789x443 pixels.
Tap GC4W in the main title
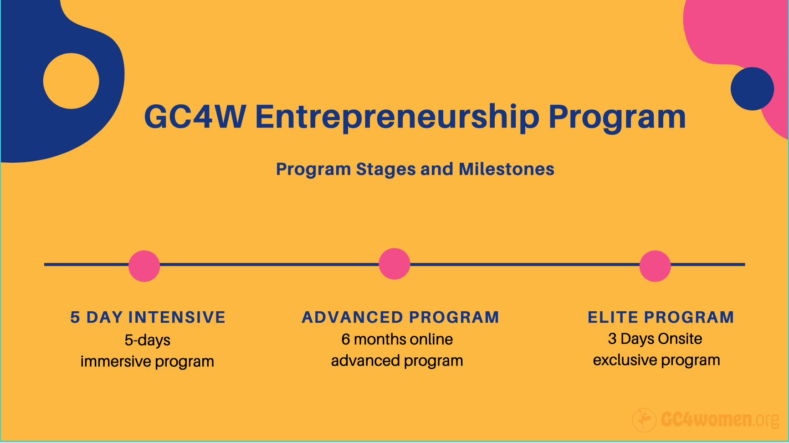click(x=195, y=117)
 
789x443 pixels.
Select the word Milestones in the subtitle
click(x=507, y=169)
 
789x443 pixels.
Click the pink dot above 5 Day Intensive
click(x=144, y=266)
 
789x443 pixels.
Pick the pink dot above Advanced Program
click(x=394, y=264)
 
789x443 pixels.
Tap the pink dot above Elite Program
click(x=655, y=266)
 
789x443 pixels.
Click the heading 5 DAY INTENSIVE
click(x=148, y=317)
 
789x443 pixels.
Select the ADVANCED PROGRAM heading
click(x=400, y=317)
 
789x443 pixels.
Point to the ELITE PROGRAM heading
click(x=661, y=317)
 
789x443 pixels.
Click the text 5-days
click(x=148, y=340)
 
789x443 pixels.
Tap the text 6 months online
click(x=397, y=339)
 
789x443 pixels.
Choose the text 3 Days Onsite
click(x=655, y=339)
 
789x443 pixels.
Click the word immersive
click(x=116, y=361)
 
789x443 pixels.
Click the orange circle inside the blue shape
click(x=71, y=81)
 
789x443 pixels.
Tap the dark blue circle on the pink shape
click(x=752, y=89)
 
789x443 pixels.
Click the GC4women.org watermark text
click(x=720, y=419)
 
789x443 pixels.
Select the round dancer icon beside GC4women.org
click(x=644, y=420)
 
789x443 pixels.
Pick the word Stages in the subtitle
click(x=386, y=170)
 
